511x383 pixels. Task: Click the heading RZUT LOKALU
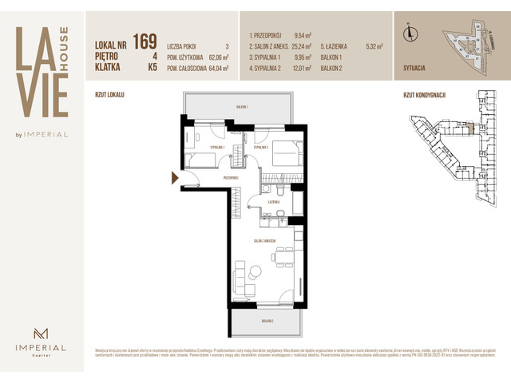109,94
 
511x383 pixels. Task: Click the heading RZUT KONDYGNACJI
424,94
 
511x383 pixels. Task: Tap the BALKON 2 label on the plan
266,321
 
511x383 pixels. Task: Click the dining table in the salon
280,256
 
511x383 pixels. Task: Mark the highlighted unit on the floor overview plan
469,128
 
